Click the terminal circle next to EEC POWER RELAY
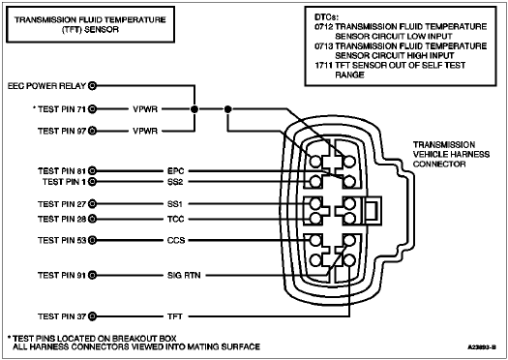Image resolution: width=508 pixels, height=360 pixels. (93, 86)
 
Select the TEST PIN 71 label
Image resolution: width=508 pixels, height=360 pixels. (62, 109)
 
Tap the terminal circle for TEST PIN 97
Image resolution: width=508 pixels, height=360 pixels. (93, 131)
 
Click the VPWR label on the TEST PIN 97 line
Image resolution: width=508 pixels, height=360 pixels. (145, 131)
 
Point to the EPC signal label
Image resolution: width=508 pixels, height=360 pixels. (175, 170)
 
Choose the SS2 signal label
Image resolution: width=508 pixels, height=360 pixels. (175, 182)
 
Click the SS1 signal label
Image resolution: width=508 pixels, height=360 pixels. (175, 204)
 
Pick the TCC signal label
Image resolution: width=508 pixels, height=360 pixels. (175, 219)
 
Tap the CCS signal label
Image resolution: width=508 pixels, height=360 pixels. (176, 240)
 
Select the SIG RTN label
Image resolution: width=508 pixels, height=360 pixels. (184, 276)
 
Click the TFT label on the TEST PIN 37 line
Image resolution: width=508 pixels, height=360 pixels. (175, 316)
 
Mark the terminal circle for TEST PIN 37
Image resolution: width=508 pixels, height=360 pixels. (93, 316)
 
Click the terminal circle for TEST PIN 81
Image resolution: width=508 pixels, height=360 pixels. (93, 170)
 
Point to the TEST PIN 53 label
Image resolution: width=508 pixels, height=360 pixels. (62, 240)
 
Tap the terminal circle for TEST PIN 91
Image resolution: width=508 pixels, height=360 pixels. (93, 276)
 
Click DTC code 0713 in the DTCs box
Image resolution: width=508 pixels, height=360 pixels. (323, 46)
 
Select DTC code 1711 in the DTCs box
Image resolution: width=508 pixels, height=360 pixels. (323, 66)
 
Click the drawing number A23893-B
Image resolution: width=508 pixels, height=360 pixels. (482, 347)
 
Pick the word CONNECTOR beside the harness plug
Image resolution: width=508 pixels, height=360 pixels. (439, 165)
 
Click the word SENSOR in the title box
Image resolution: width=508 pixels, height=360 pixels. (104, 29)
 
